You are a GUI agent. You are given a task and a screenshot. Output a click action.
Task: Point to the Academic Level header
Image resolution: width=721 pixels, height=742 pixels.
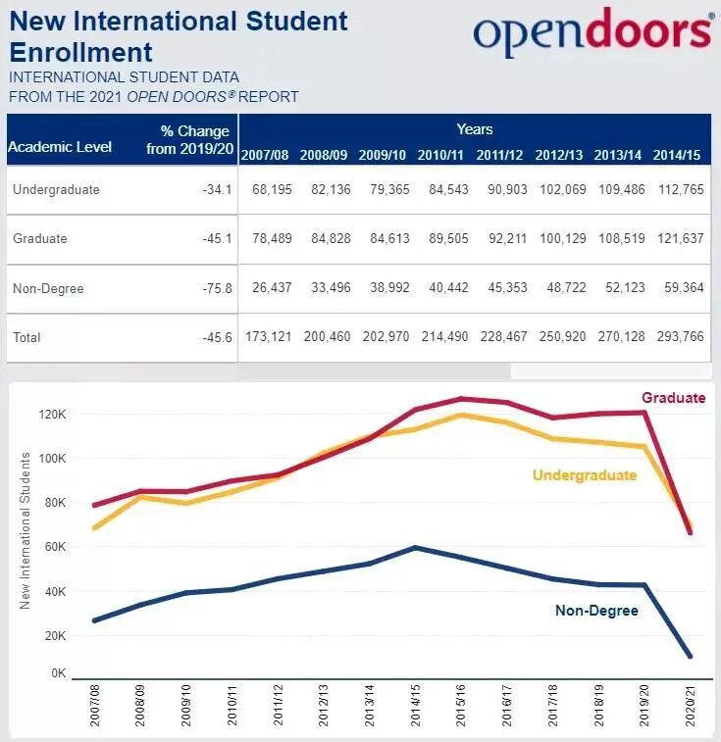pyautogui.click(x=60, y=147)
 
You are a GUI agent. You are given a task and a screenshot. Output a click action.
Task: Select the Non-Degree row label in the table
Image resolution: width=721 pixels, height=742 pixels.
pyautogui.click(x=48, y=288)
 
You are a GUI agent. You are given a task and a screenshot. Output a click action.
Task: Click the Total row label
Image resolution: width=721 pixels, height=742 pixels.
pyautogui.click(x=28, y=337)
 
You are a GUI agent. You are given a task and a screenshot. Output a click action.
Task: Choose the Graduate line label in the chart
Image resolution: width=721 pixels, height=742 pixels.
pyautogui.click(x=673, y=398)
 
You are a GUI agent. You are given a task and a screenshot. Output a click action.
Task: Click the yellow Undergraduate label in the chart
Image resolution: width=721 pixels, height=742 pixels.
pyautogui.click(x=585, y=475)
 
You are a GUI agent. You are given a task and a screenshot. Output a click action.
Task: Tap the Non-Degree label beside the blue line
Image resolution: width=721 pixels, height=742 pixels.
pyautogui.click(x=596, y=611)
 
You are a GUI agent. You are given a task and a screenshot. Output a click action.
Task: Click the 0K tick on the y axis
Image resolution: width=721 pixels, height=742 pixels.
pyautogui.click(x=57, y=674)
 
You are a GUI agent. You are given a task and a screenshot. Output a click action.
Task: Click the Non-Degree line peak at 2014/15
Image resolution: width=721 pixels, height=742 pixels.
pyautogui.click(x=416, y=547)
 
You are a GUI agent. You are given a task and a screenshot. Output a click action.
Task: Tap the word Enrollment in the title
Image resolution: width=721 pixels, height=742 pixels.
pyautogui.click(x=81, y=51)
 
